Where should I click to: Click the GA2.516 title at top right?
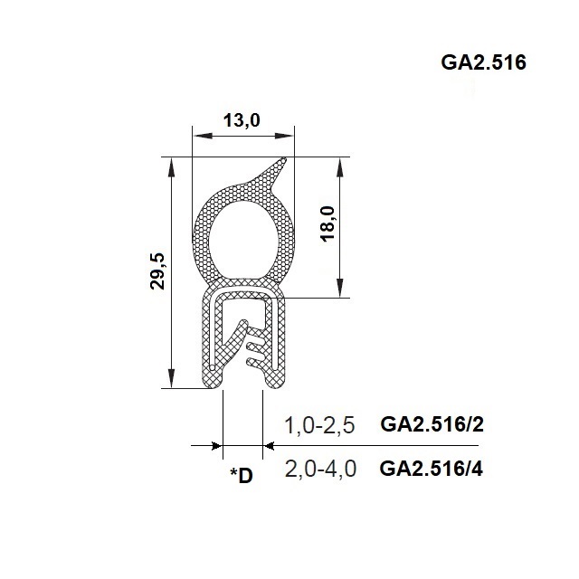pyautogui.click(x=483, y=62)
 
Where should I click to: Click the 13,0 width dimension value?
pyautogui.click(x=242, y=120)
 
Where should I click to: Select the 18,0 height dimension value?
pyautogui.click(x=328, y=223)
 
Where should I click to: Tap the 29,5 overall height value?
pyautogui.click(x=157, y=271)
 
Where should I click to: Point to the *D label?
pyautogui.click(x=242, y=475)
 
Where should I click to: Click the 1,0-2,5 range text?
pyautogui.click(x=319, y=425)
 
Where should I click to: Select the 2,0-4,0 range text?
pyautogui.click(x=320, y=469)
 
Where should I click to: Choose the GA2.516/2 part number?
pyautogui.click(x=432, y=424)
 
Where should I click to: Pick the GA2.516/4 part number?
pyautogui.click(x=431, y=469)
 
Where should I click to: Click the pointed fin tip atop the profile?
pyautogui.click(x=284, y=160)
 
